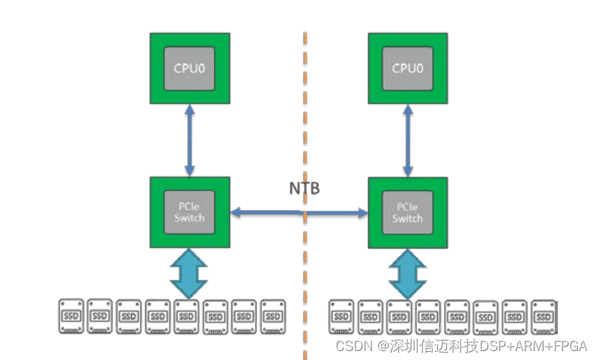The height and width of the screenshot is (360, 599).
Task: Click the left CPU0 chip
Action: click(189, 68)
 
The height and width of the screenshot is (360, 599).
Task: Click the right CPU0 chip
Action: click(408, 68)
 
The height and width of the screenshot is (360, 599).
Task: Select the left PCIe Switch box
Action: click(189, 213)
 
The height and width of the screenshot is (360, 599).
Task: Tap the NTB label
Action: click(305, 188)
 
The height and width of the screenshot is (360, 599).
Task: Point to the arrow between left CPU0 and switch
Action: click(189, 140)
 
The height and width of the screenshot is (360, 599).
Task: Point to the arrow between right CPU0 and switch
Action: click(408, 140)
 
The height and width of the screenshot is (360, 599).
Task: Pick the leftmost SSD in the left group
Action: click(72, 317)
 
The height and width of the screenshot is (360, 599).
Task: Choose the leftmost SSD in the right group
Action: click(342, 317)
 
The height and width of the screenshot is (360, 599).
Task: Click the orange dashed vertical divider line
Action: click(305, 112)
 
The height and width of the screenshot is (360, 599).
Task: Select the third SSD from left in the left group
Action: click(129, 317)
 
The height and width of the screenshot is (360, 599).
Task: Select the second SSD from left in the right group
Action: click(371, 317)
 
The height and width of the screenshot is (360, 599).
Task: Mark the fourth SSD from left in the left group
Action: click(158, 317)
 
